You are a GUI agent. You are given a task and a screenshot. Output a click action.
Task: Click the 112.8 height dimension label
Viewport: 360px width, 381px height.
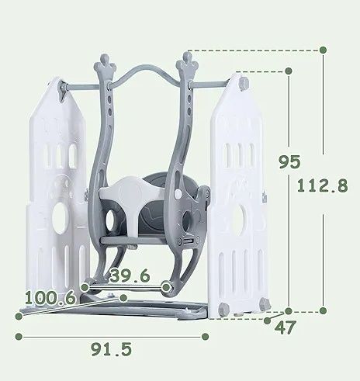click(322, 185)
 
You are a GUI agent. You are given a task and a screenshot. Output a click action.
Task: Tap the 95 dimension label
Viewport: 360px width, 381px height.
click(289, 162)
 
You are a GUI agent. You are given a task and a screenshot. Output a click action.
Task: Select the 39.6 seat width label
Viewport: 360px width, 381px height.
click(130, 275)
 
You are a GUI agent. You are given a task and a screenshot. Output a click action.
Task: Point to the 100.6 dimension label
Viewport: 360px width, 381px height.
click(50, 297)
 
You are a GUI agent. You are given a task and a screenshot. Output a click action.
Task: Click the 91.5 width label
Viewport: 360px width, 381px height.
click(112, 349)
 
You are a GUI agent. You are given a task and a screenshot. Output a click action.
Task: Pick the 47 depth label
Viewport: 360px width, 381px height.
click(285, 327)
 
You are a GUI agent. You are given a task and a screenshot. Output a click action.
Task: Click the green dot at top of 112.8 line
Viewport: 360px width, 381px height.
click(323, 50)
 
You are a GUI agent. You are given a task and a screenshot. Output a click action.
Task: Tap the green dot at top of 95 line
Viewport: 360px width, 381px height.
click(289, 71)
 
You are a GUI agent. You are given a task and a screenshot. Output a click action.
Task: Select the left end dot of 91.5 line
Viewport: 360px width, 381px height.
click(19, 337)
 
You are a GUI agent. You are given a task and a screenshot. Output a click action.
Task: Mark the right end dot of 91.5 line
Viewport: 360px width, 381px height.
click(205, 337)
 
